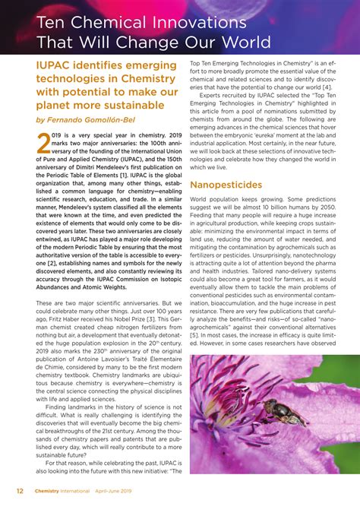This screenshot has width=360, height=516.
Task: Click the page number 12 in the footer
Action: coord(20,490)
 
